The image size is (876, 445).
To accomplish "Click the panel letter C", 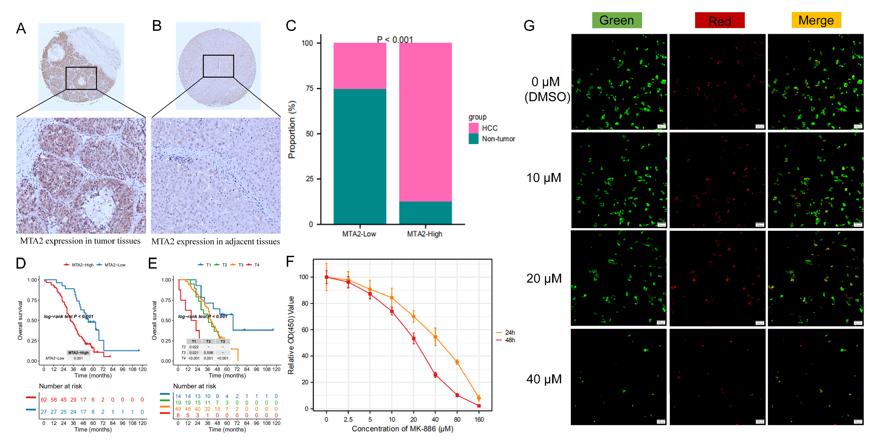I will pos(291,26).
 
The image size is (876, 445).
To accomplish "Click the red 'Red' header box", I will pos(720,21).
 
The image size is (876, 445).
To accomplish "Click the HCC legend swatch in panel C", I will pos(473,128).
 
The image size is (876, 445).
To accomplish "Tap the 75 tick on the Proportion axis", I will pos(309,88).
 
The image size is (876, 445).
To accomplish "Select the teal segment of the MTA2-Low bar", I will pos(360,156).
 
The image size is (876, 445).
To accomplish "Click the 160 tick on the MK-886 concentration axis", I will pos(479,420).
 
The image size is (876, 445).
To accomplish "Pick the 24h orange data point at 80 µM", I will pos(457,362).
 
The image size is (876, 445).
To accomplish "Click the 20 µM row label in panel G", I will pos(544,278).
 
